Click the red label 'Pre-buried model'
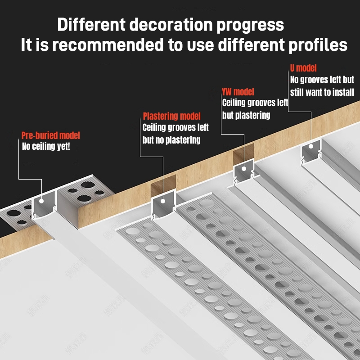[x=51, y=135]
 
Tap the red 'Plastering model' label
[x=172, y=117]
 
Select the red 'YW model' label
[x=238, y=92]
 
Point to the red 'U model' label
[x=303, y=68]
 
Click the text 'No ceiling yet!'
[x=46, y=146]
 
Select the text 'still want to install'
[x=322, y=92]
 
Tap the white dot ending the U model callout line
[x=311, y=146]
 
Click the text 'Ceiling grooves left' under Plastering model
[x=175, y=128]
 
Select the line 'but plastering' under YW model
[x=246, y=115]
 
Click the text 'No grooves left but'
[x=322, y=80]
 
